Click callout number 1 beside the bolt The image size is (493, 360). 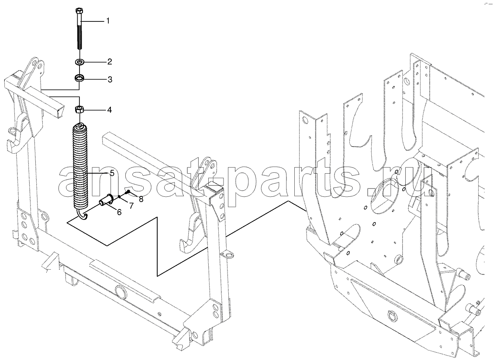click(x=108, y=21)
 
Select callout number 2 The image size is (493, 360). click(x=110, y=62)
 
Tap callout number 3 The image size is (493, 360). click(x=110, y=79)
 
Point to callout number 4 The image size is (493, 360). click(x=110, y=110)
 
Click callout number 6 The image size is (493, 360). click(x=119, y=213)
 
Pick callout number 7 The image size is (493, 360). click(x=131, y=206)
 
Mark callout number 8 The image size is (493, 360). click(x=141, y=199)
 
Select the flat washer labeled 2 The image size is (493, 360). click(x=79, y=62)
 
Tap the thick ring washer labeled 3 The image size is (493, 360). click(x=79, y=77)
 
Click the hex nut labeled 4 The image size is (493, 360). click(x=79, y=110)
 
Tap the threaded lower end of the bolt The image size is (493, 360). click(x=79, y=37)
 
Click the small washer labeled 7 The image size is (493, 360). click(x=120, y=197)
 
